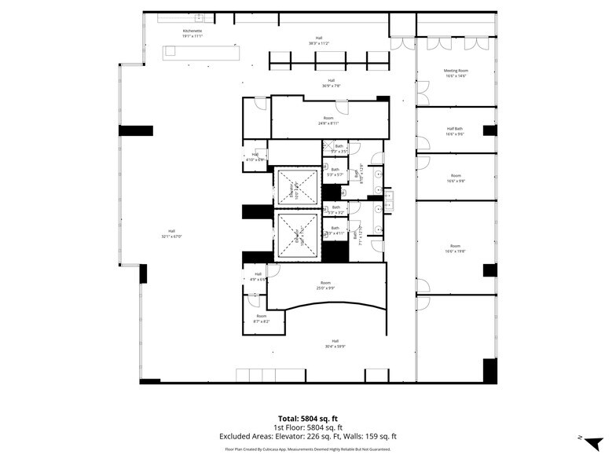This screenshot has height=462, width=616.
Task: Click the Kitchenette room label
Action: tap(192, 34)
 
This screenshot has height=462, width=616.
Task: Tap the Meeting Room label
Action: tap(456, 73)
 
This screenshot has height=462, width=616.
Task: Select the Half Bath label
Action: tap(456, 131)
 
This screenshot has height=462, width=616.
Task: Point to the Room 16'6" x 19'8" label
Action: tap(456, 248)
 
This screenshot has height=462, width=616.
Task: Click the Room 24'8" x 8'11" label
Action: tap(328, 120)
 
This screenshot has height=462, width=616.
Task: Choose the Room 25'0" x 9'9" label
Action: tap(325, 285)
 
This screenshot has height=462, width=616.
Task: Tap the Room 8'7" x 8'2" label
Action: tap(261, 318)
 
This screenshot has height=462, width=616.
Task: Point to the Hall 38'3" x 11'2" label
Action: tap(319, 40)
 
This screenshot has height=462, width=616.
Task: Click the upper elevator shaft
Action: tap(297, 188)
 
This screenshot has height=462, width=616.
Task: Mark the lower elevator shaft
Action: tap(297, 234)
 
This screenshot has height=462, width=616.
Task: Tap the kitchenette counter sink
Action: tap(199, 16)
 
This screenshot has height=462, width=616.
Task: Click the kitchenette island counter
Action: tap(201, 53)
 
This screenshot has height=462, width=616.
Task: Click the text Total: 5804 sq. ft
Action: tap(308, 418)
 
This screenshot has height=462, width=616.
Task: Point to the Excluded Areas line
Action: tap(308, 436)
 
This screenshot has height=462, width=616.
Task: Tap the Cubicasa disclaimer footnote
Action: tap(308, 449)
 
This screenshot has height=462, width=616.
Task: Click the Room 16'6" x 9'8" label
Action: tap(456, 178)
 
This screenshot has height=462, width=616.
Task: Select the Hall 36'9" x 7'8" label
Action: tap(331, 82)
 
